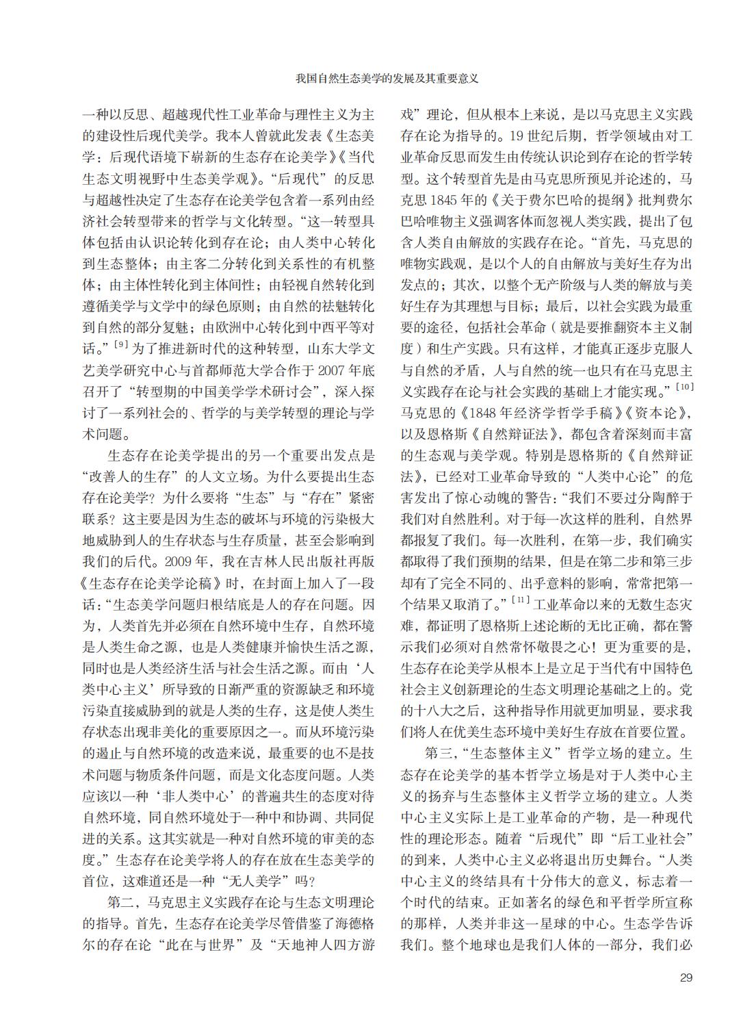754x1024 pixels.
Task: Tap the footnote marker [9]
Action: [x=120, y=344]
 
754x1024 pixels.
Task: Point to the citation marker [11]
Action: [x=521, y=601]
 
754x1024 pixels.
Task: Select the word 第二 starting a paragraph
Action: [x=121, y=901]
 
